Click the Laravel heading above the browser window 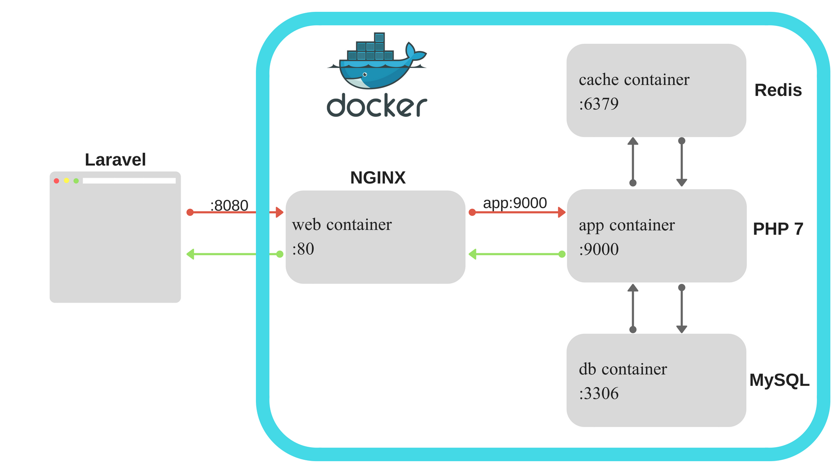click(x=115, y=160)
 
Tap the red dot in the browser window click(x=56, y=181)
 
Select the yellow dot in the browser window click(x=66, y=180)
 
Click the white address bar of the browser click(x=129, y=181)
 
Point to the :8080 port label click(x=229, y=205)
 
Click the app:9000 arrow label click(x=515, y=203)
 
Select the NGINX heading click(x=378, y=178)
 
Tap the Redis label click(x=778, y=90)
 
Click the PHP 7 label click(x=778, y=229)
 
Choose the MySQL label click(x=779, y=380)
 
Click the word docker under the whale click(x=377, y=106)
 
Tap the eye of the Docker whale click(x=365, y=74)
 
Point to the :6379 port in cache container click(x=598, y=104)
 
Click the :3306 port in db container click(x=598, y=394)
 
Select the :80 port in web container click(x=303, y=249)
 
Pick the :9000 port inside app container click(x=598, y=250)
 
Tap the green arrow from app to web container click(x=516, y=254)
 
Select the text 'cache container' click(x=634, y=80)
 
